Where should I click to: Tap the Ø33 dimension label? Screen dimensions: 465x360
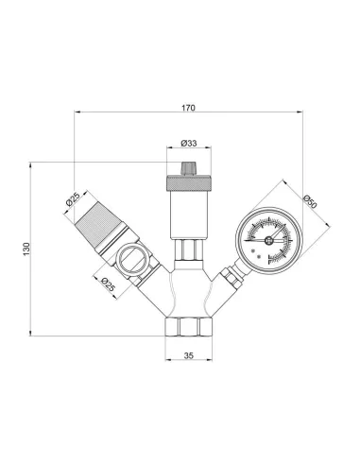click(x=188, y=145)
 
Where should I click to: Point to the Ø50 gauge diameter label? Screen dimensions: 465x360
click(x=313, y=201)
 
